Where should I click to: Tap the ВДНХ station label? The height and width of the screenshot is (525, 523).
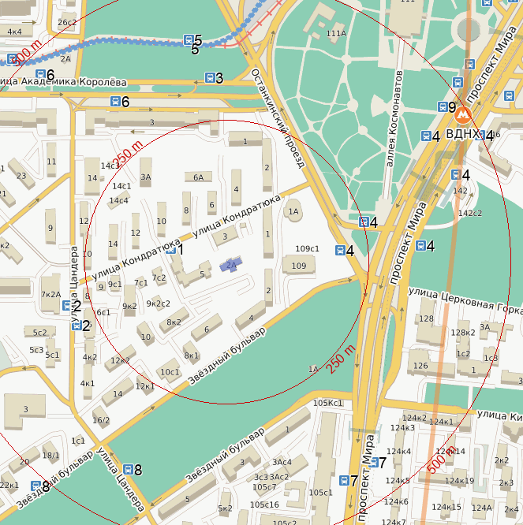(x=461, y=134)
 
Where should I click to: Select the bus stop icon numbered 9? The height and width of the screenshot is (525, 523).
(x=442, y=107)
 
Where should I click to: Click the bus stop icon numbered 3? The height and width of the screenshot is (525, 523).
(x=209, y=78)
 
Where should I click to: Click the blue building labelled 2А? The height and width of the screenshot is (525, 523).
(x=230, y=265)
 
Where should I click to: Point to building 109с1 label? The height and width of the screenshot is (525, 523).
(x=307, y=249)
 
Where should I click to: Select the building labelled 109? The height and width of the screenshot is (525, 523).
(x=298, y=266)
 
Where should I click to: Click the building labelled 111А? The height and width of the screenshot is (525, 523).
(x=336, y=33)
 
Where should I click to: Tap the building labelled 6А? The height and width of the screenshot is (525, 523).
(x=199, y=177)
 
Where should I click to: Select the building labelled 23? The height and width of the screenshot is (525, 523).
(x=21, y=176)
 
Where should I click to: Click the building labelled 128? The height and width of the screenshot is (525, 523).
(x=427, y=318)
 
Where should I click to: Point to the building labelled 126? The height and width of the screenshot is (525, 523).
(x=420, y=365)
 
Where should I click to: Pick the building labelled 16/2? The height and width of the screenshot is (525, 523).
(x=101, y=420)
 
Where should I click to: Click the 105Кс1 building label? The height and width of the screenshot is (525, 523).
(x=327, y=403)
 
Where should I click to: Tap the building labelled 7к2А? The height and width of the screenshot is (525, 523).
(x=50, y=294)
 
